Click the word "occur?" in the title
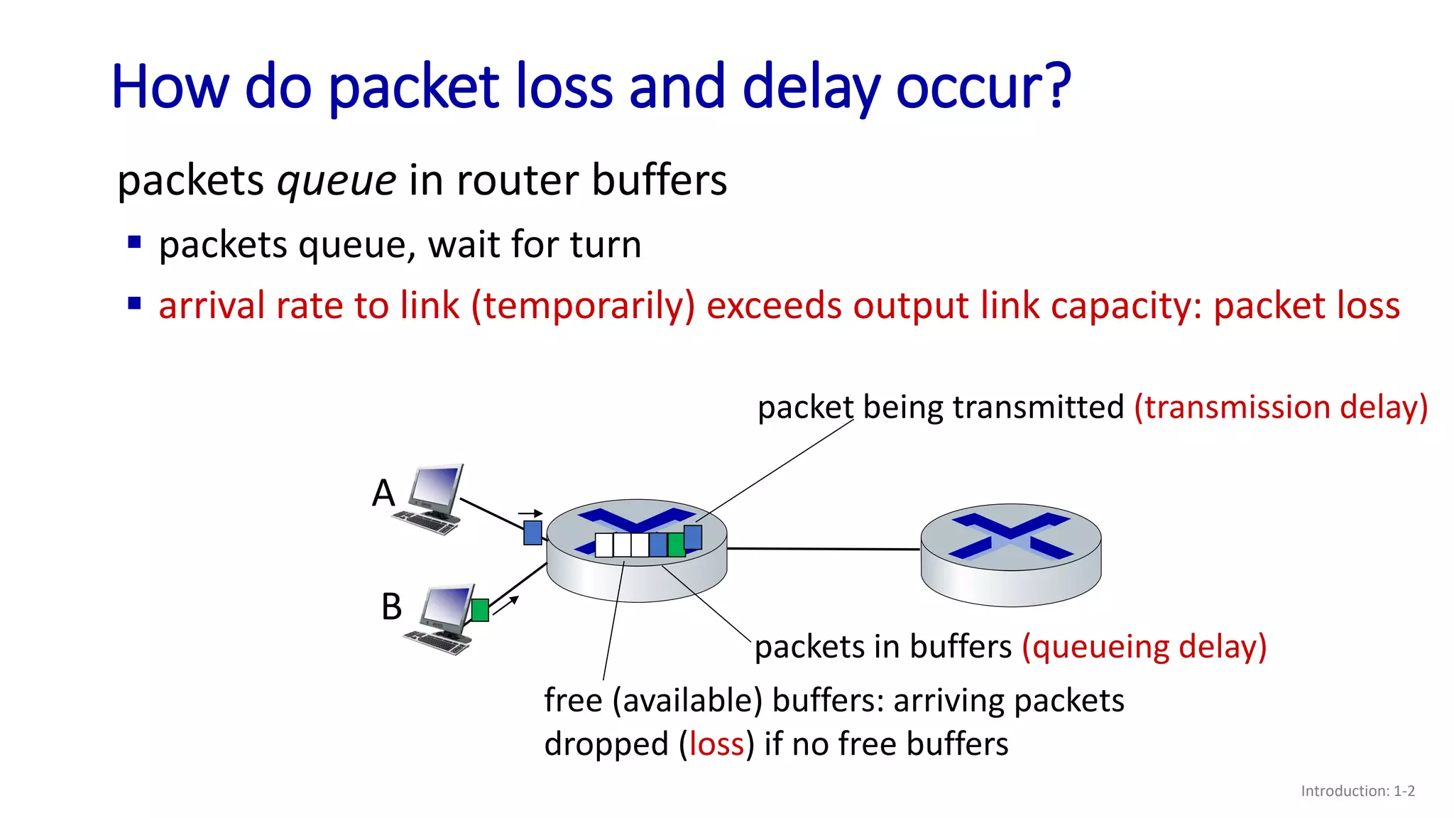click(983, 87)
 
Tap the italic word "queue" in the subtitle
click(337, 180)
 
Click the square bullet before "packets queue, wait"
click(134, 243)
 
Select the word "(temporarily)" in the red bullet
click(583, 306)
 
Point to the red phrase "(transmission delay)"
click(1281, 408)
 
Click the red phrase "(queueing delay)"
click(1144, 647)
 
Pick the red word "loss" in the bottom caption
click(716, 744)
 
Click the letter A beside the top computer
click(383, 493)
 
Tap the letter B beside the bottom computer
click(391, 607)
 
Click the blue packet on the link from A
click(532, 533)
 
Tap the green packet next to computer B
click(480, 610)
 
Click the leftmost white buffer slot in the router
click(604, 545)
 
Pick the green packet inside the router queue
click(676, 545)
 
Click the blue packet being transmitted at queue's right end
click(693, 538)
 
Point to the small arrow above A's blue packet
click(530, 513)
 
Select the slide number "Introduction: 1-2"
click(1357, 791)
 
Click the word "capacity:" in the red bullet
click(1126, 306)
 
